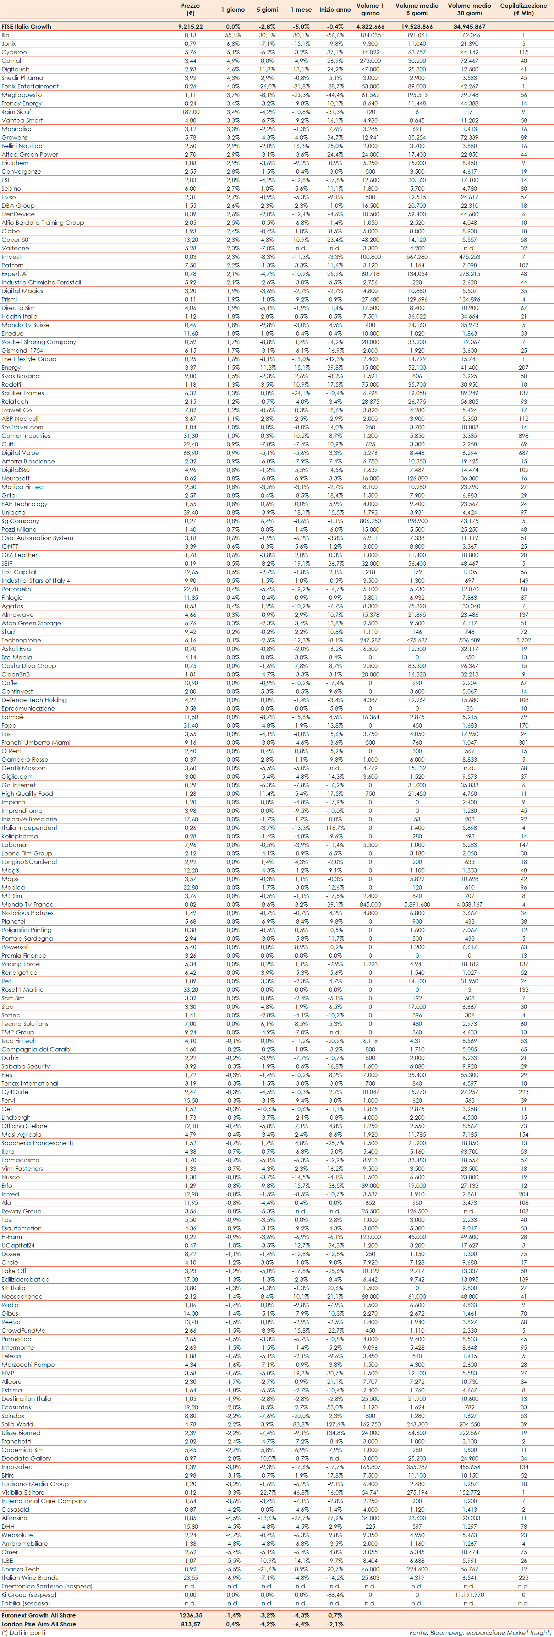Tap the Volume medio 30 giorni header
coord(469,9)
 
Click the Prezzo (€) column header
coord(190,9)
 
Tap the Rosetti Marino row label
coord(22,989)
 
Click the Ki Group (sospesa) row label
coord(29,1594)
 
